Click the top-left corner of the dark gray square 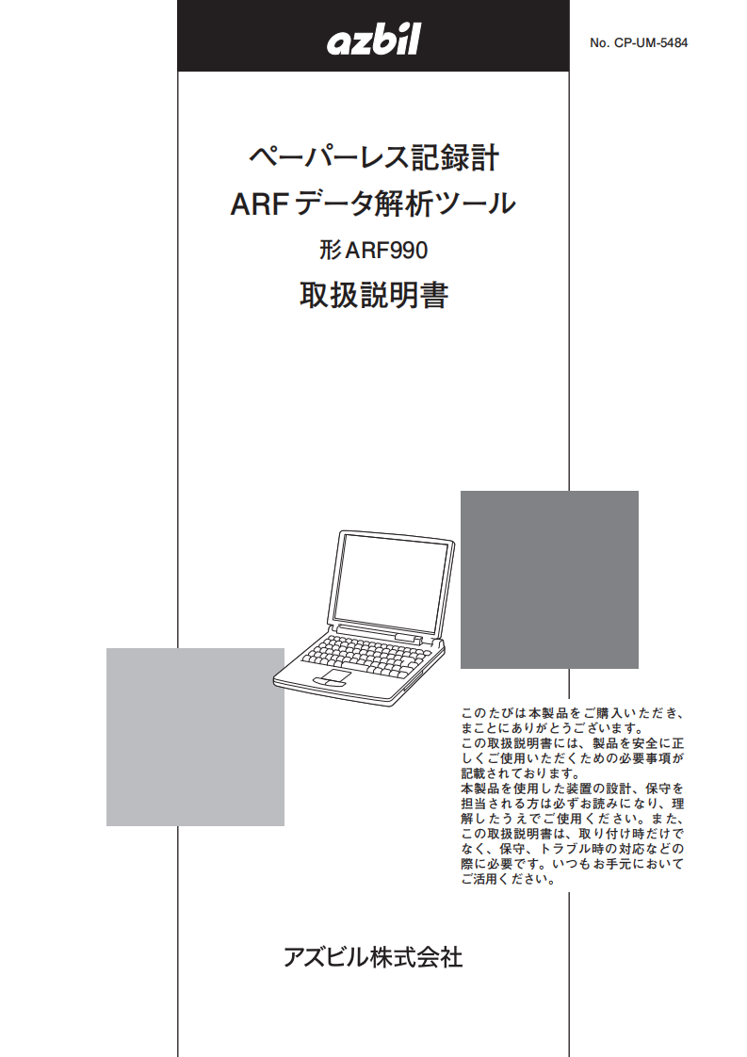click(461, 491)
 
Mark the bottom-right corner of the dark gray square click(639, 669)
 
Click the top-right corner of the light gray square click(284, 648)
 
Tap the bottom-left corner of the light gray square click(106, 826)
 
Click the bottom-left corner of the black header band click(177, 71)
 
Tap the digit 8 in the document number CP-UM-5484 click(675, 42)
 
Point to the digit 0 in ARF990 click(421, 250)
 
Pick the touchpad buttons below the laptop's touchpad click(325, 684)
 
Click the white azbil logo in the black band click(373, 39)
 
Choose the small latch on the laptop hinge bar click(409, 636)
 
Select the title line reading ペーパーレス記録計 click(374, 157)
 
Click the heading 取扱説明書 click(374, 295)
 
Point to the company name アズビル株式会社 click(373, 957)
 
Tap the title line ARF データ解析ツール click(373, 203)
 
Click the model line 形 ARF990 click(373, 250)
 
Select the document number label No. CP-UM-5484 click(639, 42)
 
